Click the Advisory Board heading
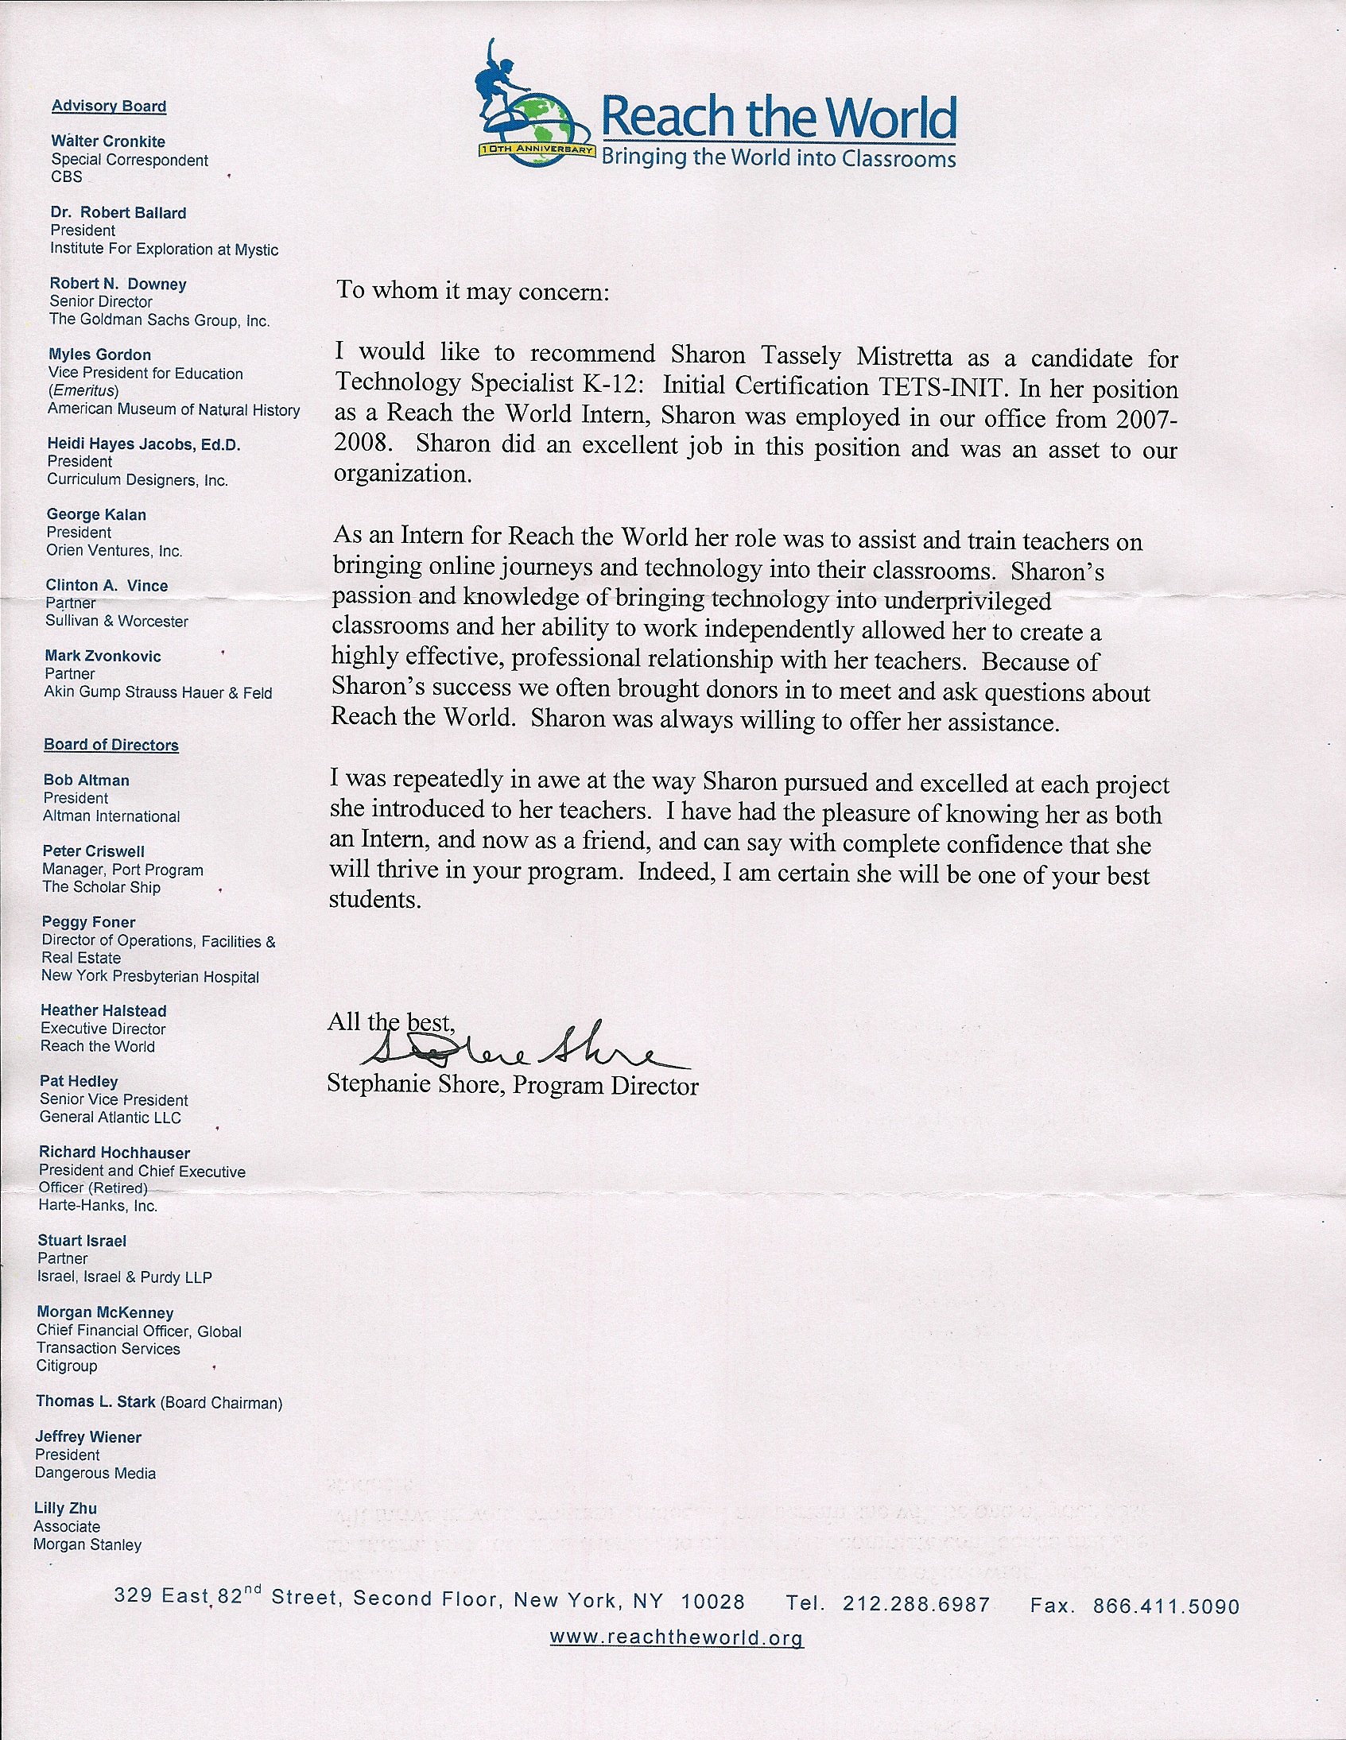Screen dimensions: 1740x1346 click(109, 106)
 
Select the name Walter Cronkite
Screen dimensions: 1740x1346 click(108, 141)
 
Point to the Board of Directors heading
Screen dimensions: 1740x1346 click(111, 745)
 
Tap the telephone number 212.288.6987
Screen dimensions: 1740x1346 click(916, 1604)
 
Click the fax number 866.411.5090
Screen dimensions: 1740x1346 click(1166, 1606)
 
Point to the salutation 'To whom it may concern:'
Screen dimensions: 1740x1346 click(472, 291)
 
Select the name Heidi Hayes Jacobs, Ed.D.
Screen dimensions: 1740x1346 click(143, 444)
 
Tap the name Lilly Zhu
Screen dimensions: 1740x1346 click(65, 1508)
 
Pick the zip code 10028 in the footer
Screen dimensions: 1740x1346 click(712, 1602)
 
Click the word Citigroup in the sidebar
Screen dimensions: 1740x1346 click(67, 1366)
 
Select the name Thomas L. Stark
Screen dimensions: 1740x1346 click(95, 1401)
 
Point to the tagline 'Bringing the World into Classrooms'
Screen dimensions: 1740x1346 click(778, 157)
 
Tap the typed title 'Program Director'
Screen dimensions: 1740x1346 click(606, 1086)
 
